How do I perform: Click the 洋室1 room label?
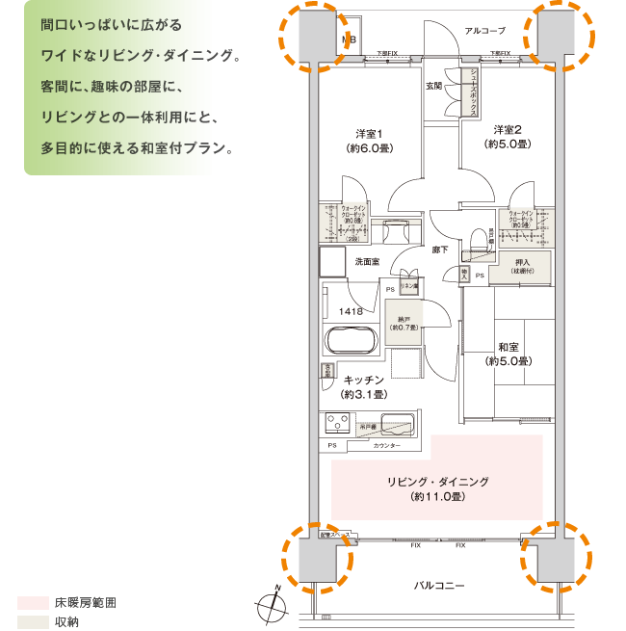[369, 133]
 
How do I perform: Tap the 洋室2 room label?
[508, 129]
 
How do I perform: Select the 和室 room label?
[509, 347]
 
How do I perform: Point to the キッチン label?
[364, 381]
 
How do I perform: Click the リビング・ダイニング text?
[438, 482]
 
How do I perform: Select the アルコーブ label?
[484, 31]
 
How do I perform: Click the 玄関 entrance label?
[434, 86]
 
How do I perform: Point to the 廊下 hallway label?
[439, 250]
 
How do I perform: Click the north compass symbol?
[273, 604]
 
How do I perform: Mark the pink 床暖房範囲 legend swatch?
[32, 602]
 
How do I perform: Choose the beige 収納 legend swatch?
[32, 622]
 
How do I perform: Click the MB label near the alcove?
[349, 39]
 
